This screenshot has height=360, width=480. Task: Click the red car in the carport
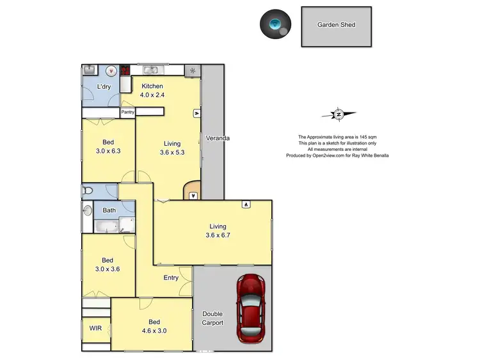(x=250, y=309)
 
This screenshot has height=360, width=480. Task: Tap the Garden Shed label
(x=336, y=25)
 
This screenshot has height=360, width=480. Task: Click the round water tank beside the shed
(x=276, y=24)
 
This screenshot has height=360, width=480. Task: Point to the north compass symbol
(x=339, y=114)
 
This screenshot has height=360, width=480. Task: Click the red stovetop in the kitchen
(x=126, y=70)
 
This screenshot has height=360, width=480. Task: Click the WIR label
(x=95, y=328)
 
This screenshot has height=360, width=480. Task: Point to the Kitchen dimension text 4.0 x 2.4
(x=152, y=95)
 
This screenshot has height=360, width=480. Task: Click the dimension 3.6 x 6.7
(x=218, y=235)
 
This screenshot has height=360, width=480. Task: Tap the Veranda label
(x=217, y=137)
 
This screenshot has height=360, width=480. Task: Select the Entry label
(x=171, y=278)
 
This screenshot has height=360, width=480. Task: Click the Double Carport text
(x=212, y=318)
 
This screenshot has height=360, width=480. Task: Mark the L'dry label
(x=104, y=86)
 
